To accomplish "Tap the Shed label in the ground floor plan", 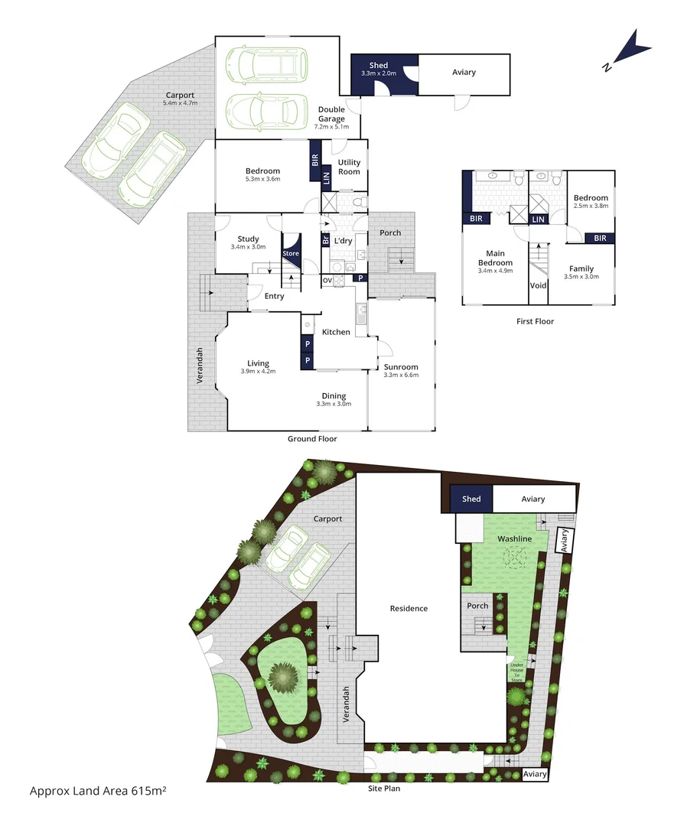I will pyautogui.click(x=378, y=66).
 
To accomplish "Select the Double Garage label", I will pyautogui.click(x=332, y=114).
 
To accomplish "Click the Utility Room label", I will pyautogui.click(x=349, y=167).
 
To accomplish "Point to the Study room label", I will pyautogui.click(x=248, y=239).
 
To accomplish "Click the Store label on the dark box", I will pyautogui.click(x=291, y=253).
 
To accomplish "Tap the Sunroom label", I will pyautogui.click(x=401, y=366).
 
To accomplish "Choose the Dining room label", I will pyautogui.click(x=334, y=396).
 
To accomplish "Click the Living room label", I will pyautogui.click(x=258, y=363).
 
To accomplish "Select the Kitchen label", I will pyautogui.click(x=336, y=332).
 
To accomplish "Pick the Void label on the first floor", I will pyautogui.click(x=538, y=286).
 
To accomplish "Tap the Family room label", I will pyautogui.click(x=581, y=268).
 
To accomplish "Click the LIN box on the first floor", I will pyautogui.click(x=538, y=220).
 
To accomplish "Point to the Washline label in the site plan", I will pyautogui.click(x=514, y=538).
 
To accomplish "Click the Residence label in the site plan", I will pyautogui.click(x=409, y=609).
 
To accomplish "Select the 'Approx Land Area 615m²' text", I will pyautogui.click(x=98, y=789).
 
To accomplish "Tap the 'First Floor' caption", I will pyautogui.click(x=536, y=321).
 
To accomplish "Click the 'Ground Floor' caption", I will pyautogui.click(x=312, y=439).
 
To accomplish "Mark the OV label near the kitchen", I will pyautogui.click(x=327, y=280).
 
